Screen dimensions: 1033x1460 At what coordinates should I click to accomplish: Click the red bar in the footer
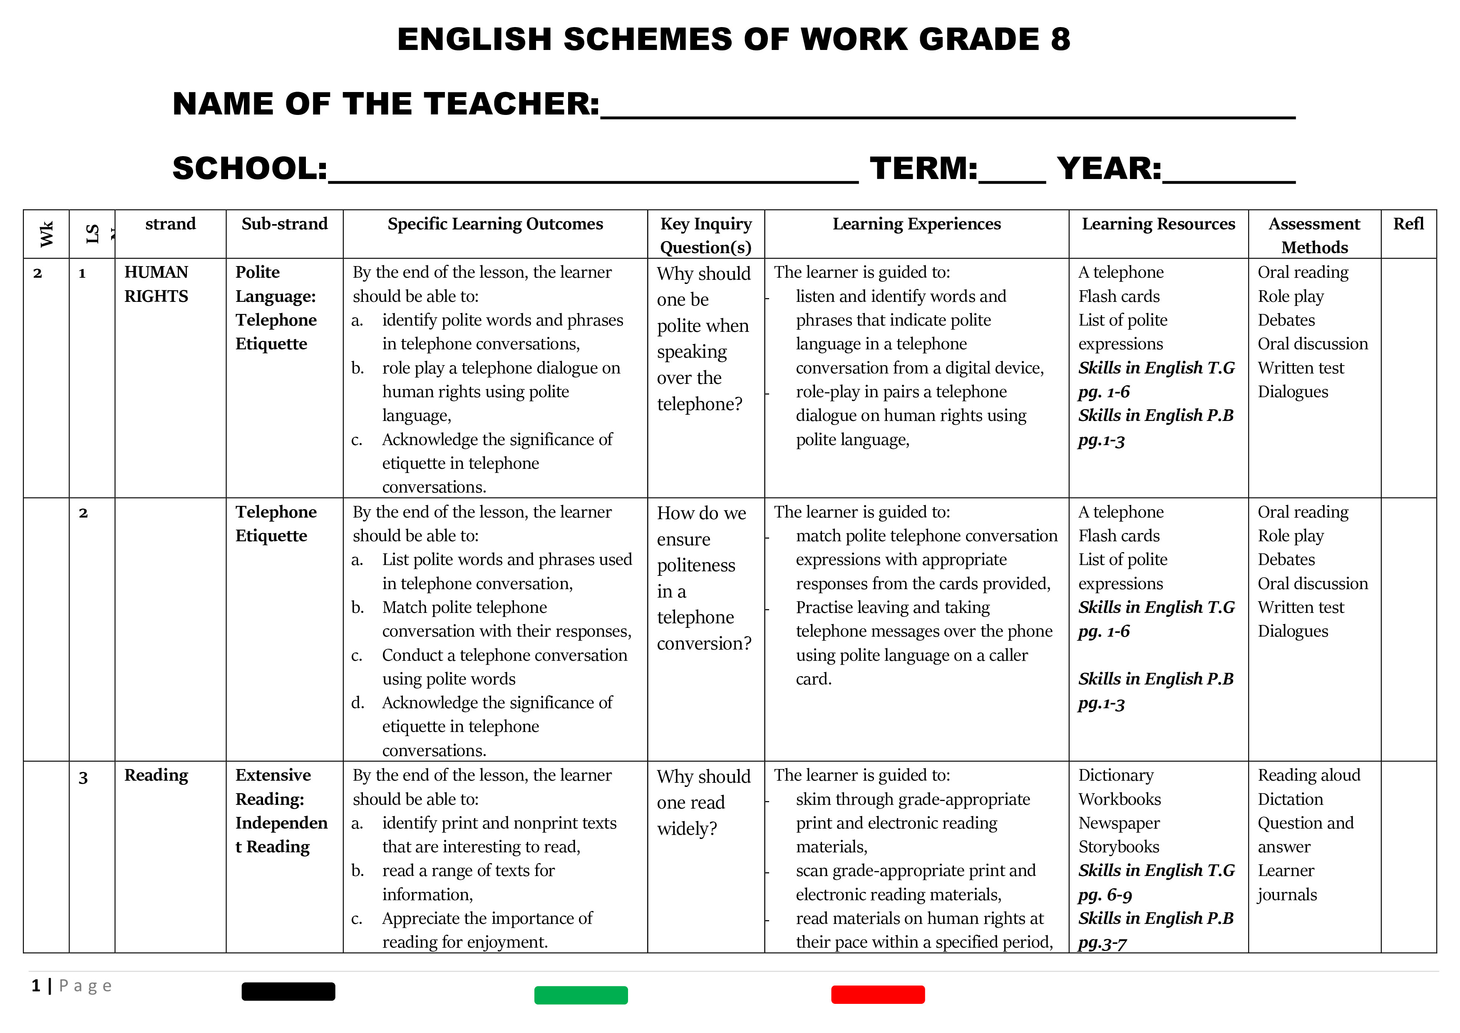[877, 994]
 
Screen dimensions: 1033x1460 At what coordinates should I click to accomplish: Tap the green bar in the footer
[581, 995]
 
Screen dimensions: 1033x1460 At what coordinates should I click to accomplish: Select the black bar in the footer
[288, 991]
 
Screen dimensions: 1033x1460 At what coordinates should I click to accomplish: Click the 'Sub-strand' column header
[284, 224]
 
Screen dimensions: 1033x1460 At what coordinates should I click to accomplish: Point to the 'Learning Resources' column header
[1158, 224]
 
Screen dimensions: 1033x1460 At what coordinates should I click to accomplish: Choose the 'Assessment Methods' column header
[1314, 235]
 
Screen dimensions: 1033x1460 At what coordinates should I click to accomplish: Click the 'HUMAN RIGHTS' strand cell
[156, 284]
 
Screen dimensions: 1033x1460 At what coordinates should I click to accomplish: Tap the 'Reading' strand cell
[156, 775]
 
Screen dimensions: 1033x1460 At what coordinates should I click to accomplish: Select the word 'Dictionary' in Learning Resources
[1115, 775]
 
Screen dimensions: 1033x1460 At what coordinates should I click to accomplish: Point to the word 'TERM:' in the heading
[923, 169]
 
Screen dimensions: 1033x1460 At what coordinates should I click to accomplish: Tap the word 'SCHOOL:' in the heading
[250, 169]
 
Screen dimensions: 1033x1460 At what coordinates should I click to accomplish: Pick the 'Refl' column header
[1408, 224]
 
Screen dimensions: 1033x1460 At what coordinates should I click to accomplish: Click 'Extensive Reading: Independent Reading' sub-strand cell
[281, 811]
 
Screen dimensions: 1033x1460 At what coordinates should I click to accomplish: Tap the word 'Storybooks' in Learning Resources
[1119, 846]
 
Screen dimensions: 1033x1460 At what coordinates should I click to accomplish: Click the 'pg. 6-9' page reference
[1105, 895]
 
